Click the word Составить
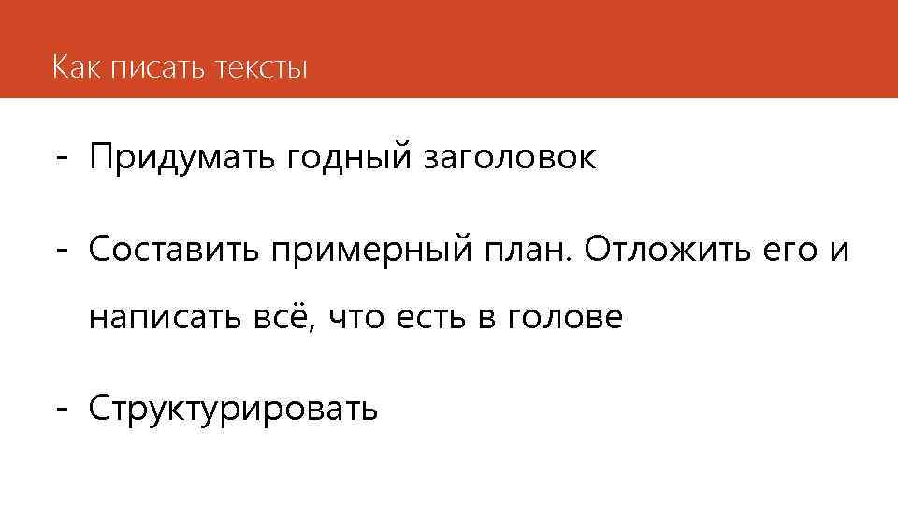click(x=173, y=250)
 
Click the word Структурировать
click(x=234, y=410)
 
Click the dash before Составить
click(x=62, y=251)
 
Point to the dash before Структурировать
click(x=62, y=410)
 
